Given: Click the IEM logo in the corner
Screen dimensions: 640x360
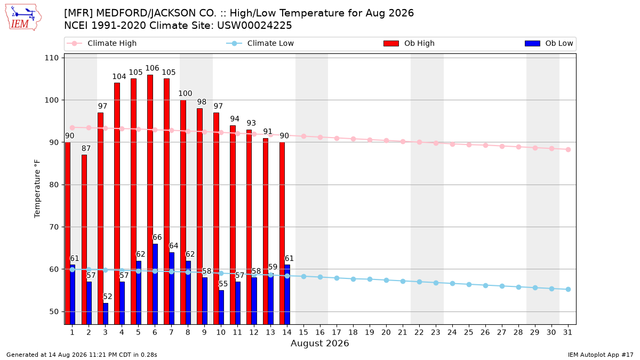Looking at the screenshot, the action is [x=23, y=18].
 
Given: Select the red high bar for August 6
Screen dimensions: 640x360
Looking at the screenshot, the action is [x=150, y=199].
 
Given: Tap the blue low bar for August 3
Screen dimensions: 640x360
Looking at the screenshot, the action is [x=106, y=314].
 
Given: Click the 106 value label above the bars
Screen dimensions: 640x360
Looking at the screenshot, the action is [x=152, y=68].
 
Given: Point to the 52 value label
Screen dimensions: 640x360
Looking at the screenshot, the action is [x=107, y=297].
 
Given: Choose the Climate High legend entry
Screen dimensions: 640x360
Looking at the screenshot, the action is [x=101, y=43].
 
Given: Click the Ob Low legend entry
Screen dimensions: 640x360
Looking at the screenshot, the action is [x=549, y=43].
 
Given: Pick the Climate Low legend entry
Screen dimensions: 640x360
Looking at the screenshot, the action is [x=260, y=43].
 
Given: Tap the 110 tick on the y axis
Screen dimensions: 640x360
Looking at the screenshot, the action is [x=51, y=58].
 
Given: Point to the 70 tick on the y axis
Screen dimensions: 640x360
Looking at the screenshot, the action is [x=54, y=227].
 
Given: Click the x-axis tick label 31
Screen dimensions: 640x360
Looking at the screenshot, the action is [x=567, y=332].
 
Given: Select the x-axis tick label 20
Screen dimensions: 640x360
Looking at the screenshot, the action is [x=386, y=332].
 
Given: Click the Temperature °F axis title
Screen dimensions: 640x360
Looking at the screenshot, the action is [x=37, y=189].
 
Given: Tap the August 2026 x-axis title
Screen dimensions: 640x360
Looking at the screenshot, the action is [x=319, y=343].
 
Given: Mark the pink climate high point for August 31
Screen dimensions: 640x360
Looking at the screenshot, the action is [x=568, y=149].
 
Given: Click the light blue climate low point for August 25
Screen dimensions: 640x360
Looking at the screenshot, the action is [x=469, y=285].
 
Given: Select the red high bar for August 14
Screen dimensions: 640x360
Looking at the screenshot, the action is [x=282, y=233].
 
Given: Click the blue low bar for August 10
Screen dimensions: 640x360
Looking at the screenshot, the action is [x=221, y=307].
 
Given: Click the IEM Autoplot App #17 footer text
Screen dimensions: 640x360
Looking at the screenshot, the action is [x=601, y=355].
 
